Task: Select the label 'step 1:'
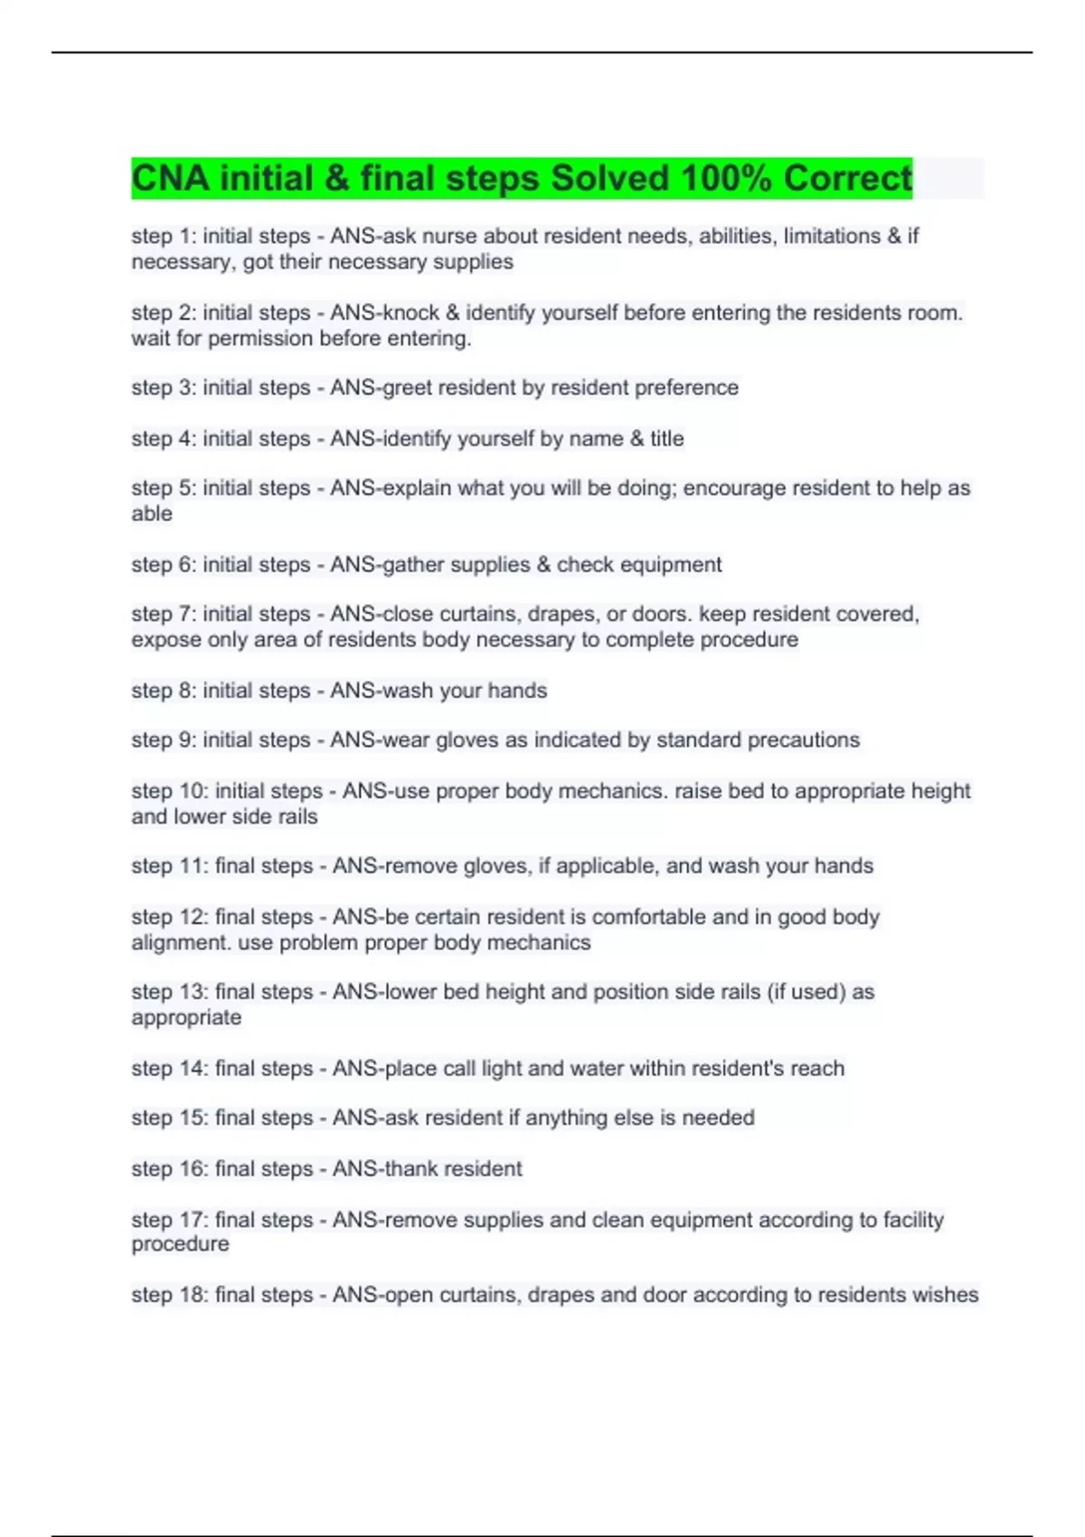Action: [x=164, y=236]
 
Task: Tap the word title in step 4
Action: [x=667, y=438]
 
